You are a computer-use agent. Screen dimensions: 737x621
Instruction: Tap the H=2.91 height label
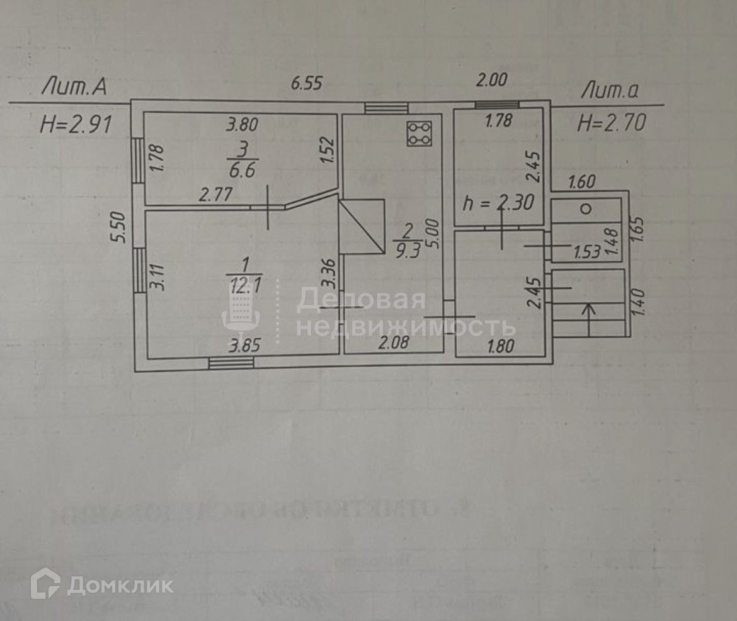coord(76,124)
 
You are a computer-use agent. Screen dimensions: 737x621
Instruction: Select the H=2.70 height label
coord(612,123)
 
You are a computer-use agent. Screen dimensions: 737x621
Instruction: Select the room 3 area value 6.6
coord(241,169)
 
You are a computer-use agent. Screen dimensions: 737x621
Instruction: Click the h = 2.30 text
coord(498,203)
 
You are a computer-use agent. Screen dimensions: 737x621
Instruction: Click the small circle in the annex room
coord(585,209)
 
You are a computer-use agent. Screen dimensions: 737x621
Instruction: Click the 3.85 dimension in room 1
coord(245,345)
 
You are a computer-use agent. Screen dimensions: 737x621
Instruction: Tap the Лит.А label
coord(74,88)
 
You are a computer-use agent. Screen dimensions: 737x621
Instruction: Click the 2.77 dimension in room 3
coord(216,195)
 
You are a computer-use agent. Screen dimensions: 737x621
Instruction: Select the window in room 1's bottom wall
coord(231,362)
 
